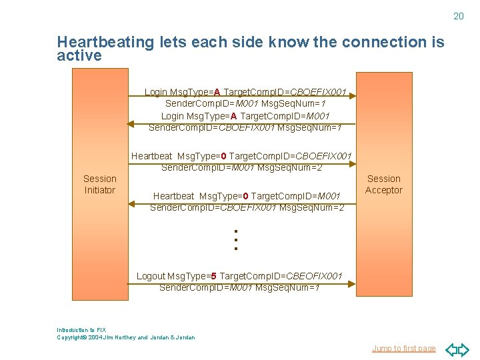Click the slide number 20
coord(458,16)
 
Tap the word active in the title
coord(79,56)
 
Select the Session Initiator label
coord(99,185)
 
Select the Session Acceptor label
coord(384,185)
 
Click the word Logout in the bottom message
coord(151,276)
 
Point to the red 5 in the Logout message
coord(213,276)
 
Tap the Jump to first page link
coord(403,348)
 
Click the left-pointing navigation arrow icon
coord(451,349)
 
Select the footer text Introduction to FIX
coord(81,330)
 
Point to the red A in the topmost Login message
coord(217,92)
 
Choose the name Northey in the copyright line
coord(124,337)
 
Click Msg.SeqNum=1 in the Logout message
coord(288,287)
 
